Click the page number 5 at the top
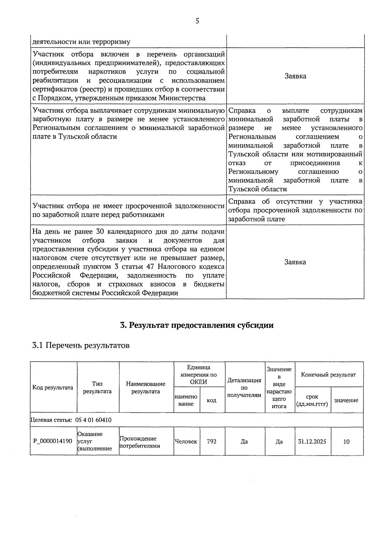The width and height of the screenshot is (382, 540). click(197, 21)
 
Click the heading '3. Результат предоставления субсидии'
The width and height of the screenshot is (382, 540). click(197, 325)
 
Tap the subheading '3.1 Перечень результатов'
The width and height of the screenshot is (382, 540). click(81, 346)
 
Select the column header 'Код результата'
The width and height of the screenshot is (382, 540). click(53, 388)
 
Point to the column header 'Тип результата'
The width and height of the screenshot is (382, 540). click(97, 388)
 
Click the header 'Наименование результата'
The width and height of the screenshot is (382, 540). click(146, 388)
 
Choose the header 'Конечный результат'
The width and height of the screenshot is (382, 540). click(328, 375)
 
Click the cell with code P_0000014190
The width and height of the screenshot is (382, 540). click(53, 441)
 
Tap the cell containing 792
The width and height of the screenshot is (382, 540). click(212, 441)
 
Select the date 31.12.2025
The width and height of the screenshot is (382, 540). click(312, 441)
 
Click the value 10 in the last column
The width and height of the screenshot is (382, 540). click(346, 441)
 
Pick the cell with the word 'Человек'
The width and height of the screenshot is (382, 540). click(186, 441)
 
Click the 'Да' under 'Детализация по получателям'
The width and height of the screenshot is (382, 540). click(244, 441)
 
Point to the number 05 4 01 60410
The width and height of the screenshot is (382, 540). click(93, 420)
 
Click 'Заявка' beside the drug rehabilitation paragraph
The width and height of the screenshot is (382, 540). click(295, 76)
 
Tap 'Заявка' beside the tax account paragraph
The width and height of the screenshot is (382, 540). click(295, 262)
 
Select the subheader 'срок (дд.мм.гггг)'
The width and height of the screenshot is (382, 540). click(312, 400)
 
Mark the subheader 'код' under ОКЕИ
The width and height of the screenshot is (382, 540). click(212, 400)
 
